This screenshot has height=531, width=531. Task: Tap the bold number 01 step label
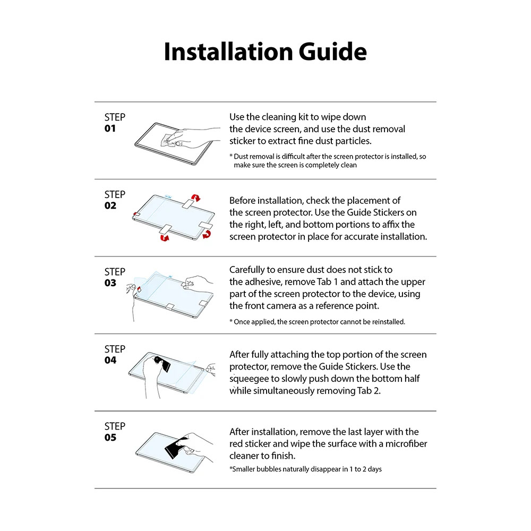[x=110, y=129]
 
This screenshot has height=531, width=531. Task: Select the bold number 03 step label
[x=110, y=283]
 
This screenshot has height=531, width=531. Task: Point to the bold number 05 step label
[x=110, y=438]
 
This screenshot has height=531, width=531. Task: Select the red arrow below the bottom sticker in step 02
[x=164, y=238]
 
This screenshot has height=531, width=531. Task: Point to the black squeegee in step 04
[x=164, y=363]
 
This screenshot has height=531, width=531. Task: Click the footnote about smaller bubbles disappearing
[x=305, y=469]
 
